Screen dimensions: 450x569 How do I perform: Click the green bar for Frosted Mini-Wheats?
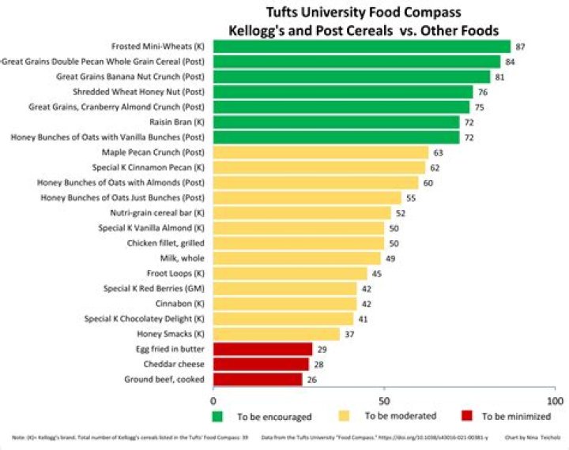[361, 47]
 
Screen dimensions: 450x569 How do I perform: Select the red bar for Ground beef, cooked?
[258, 379]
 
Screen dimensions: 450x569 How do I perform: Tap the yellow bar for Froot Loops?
[290, 273]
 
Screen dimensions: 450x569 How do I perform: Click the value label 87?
[520, 47]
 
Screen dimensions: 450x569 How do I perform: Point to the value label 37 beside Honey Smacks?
[350, 334]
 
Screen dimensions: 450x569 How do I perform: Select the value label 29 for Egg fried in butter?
[322, 349]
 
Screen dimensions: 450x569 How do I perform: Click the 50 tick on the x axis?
[384, 401]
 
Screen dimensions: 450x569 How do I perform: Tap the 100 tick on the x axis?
[555, 401]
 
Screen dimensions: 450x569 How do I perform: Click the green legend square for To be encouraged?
[217, 415]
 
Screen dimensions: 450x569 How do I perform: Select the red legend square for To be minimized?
[466, 415]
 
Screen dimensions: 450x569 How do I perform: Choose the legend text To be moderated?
[400, 415]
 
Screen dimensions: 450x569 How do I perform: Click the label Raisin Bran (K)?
[177, 122]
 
